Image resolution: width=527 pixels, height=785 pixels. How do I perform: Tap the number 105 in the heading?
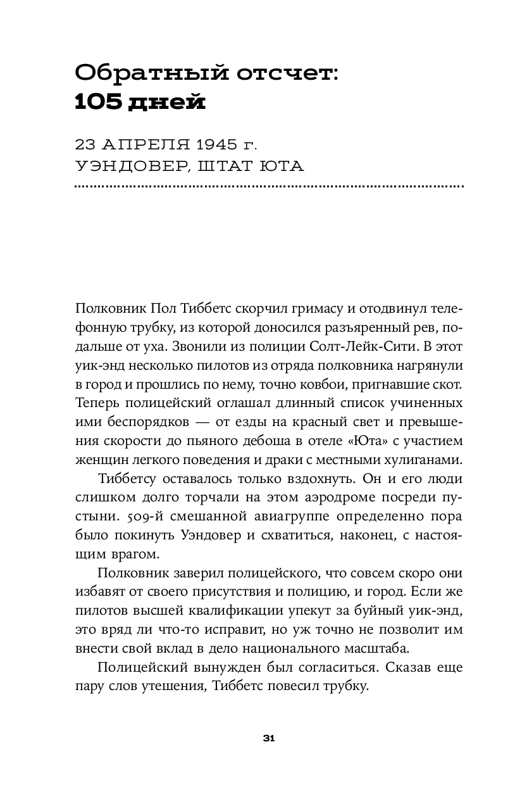[96, 102]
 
